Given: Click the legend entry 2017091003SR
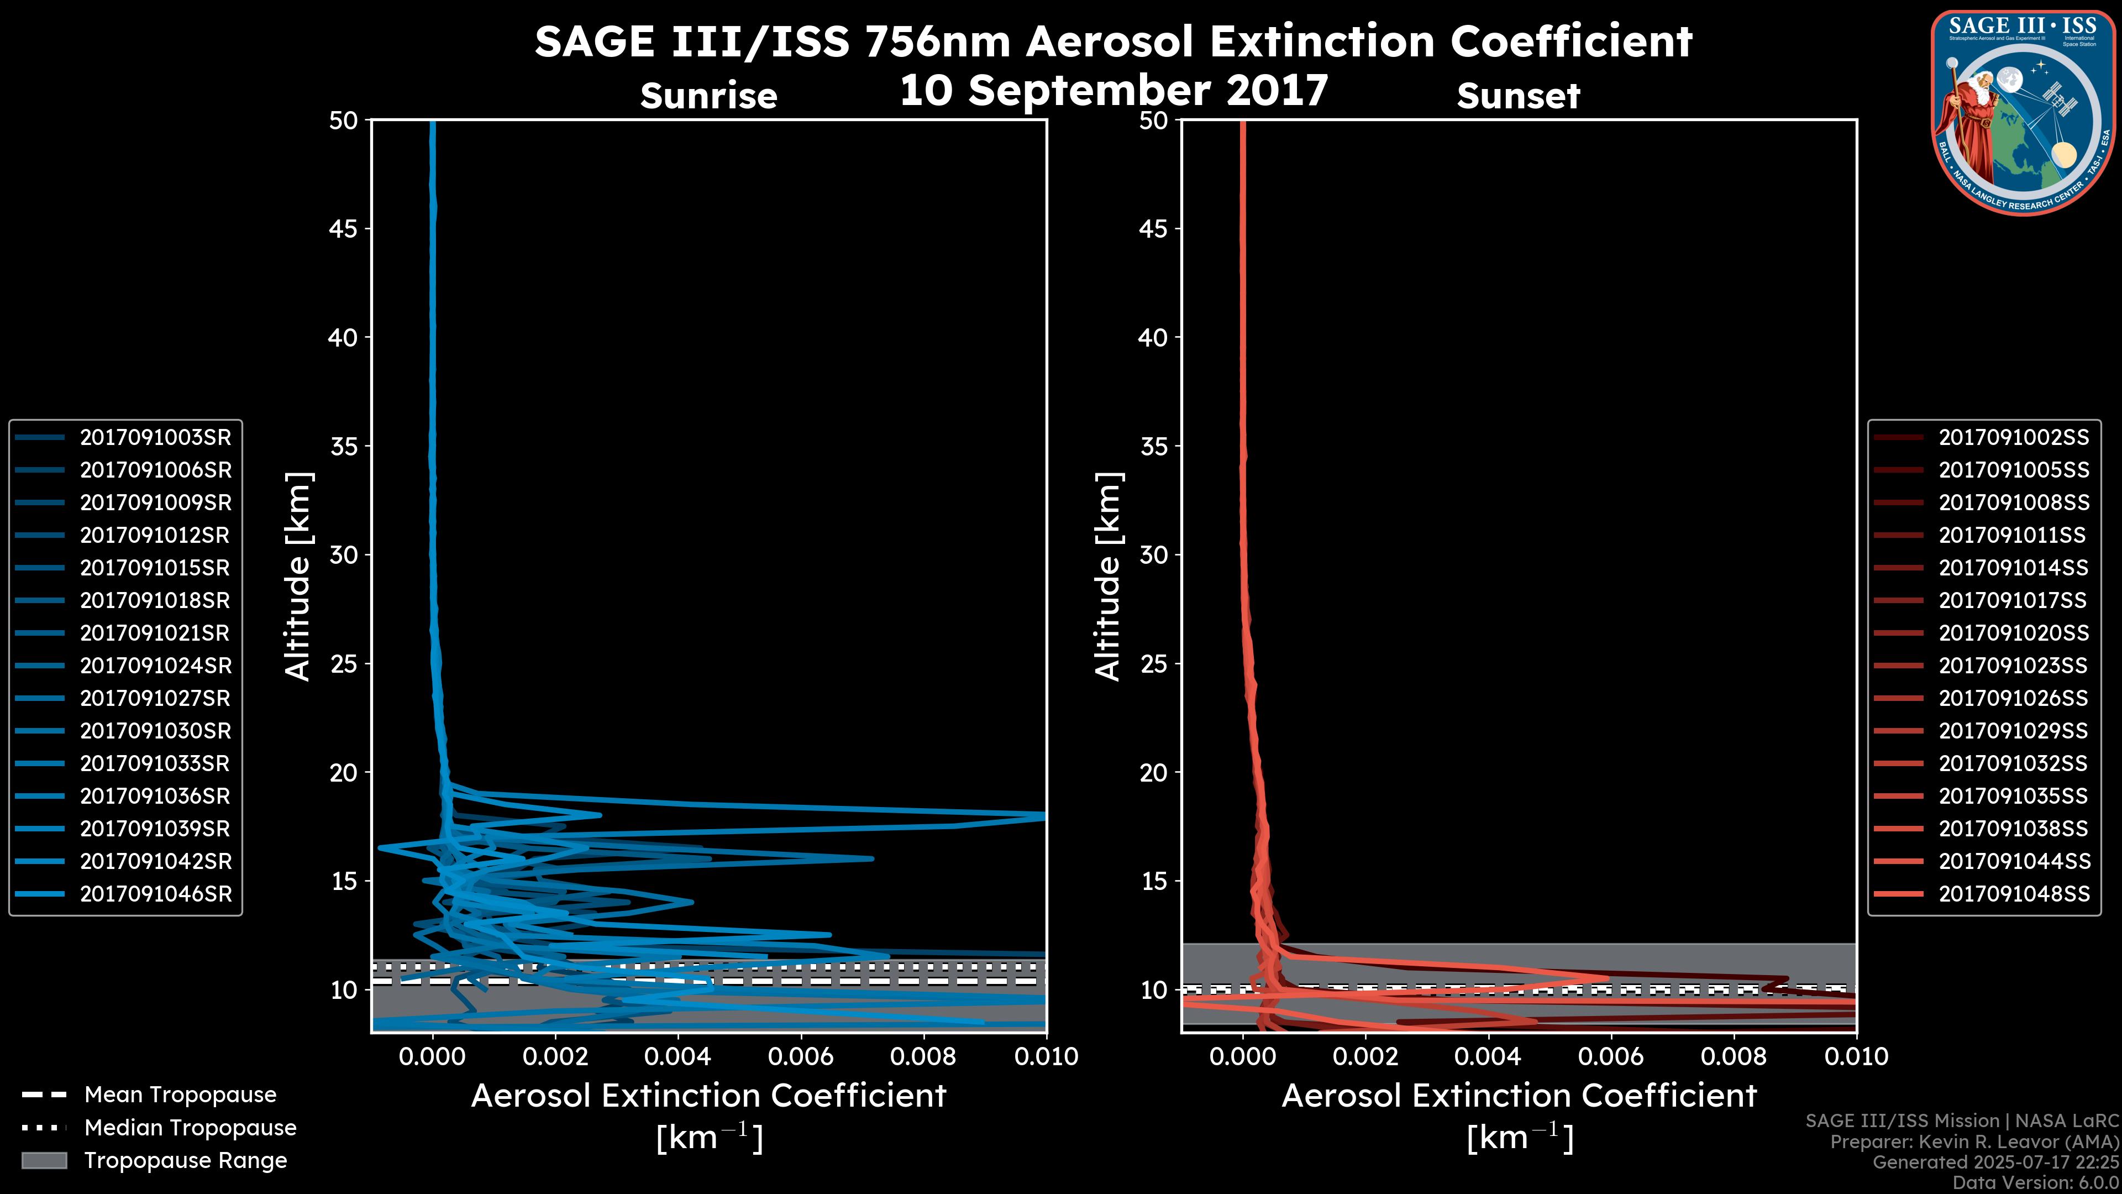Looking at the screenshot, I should [x=155, y=438].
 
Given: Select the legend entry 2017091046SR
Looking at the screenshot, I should [x=155, y=894].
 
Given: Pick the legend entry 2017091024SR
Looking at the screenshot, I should [x=155, y=666].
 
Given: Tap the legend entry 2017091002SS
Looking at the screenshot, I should [x=2013, y=438].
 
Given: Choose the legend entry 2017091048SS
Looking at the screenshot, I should [x=2013, y=894].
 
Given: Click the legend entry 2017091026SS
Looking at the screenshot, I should [x=2013, y=699].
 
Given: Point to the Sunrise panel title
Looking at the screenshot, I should [x=708, y=96].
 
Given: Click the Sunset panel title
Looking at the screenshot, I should [x=1518, y=96].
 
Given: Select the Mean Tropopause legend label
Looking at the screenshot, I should [x=180, y=1095].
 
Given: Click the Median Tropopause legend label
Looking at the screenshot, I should [x=190, y=1128].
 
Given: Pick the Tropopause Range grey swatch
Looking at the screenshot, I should [x=44, y=1161].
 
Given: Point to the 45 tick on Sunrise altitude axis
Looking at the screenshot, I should [x=344, y=229].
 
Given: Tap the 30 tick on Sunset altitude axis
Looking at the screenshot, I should [x=1153, y=556].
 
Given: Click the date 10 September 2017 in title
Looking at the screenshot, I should [x=1113, y=91].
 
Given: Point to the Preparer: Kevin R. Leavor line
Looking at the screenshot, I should [x=1974, y=1142].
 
